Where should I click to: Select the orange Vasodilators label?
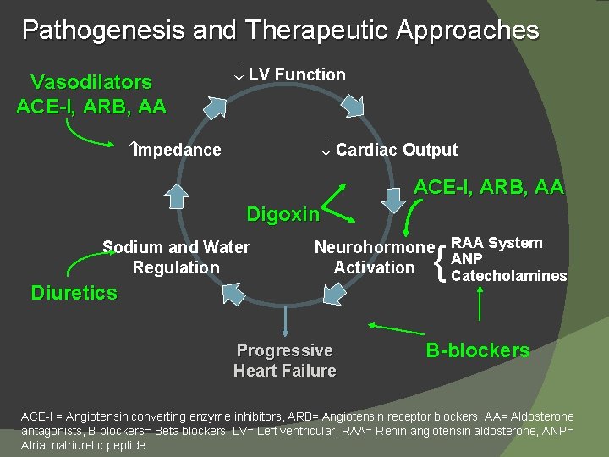coord(91,82)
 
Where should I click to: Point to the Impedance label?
coord(178,151)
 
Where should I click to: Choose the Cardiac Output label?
coord(397,151)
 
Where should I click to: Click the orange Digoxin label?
coord(283,214)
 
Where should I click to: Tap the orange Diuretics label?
coord(74,293)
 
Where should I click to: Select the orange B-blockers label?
coord(478,350)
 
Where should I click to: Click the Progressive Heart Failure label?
coord(285,361)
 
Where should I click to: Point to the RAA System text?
coord(497,243)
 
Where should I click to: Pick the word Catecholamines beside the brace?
coord(509,276)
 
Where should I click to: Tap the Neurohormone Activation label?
coord(374,257)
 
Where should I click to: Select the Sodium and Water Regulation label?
coord(176,257)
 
